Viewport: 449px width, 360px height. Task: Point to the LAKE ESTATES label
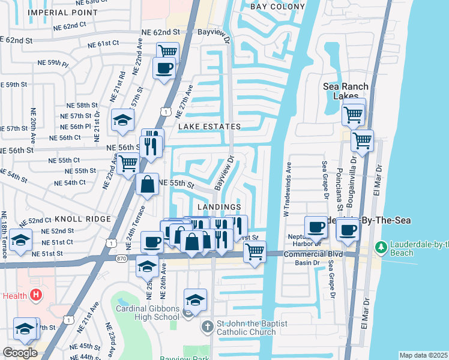[x=209, y=127]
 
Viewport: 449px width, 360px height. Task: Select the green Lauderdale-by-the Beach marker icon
[x=380, y=247]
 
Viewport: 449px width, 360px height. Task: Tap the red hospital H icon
[x=35, y=295]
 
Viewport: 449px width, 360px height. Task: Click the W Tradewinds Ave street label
[x=286, y=189]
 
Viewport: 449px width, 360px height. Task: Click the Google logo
[x=20, y=352]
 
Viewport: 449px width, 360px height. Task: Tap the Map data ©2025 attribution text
[x=423, y=355]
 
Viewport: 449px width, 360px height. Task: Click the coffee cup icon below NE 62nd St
[x=163, y=67]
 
